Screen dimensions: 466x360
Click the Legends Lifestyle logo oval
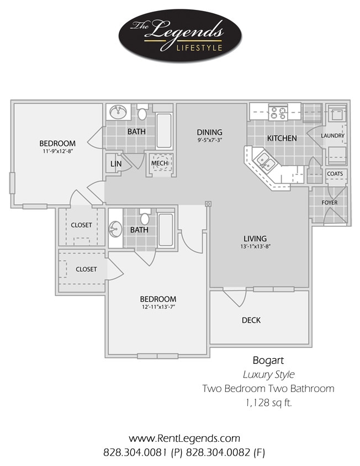[x=179, y=36]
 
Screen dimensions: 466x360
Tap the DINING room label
[x=210, y=133]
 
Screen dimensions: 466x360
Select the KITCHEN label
[x=282, y=139]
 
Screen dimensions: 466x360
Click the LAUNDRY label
[x=333, y=136]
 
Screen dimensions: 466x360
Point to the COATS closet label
[x=335, y=174]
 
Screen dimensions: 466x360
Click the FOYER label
[x=330, y=203]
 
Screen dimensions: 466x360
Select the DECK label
[x=251, y=320]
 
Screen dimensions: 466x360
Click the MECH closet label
[x=160, y=163]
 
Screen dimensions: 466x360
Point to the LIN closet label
[x=115, y=164]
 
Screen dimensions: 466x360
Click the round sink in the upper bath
[x=117, y=113]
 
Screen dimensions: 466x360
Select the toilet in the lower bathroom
[x=145, y=214]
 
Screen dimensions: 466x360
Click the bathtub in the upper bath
[x=164, y=130]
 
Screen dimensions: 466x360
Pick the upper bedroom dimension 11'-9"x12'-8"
[x=57, y=151]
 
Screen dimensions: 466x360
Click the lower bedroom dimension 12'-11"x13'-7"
[x=157, y=307]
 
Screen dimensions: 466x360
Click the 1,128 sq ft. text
[x=268, y=403]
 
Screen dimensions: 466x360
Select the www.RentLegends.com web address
[x=184, y=439]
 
